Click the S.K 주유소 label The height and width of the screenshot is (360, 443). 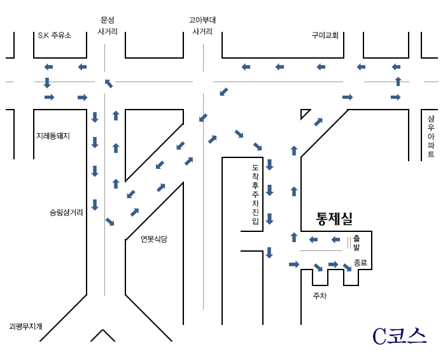[55, 35]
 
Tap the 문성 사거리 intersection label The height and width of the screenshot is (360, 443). [108, 25]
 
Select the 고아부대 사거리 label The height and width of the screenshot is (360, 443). [202, 25]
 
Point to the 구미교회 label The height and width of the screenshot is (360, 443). [325, 35]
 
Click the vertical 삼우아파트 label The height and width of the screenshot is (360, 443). [430, 136]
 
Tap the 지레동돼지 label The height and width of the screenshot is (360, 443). [53, 136]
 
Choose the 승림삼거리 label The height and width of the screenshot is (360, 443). [66, 212]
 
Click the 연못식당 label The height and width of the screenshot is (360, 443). [154, 239]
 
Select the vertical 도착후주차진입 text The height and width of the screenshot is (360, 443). [255, 194]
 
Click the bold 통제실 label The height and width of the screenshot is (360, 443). [334, 219]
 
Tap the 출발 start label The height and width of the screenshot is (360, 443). [356, 243]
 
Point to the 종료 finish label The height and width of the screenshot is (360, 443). [360, 263]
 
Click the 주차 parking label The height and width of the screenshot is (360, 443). [320, 296]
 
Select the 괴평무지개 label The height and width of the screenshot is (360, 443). [25, 327]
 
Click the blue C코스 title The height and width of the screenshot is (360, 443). [399, 336]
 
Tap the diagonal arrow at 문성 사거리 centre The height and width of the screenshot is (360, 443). [109, 83]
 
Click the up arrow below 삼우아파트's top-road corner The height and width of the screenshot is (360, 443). [398, 82]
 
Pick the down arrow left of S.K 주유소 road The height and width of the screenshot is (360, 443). [47, 82]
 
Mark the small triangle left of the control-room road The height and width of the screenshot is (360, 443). [304, 113]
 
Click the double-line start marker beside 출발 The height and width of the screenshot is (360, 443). [349, 243]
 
